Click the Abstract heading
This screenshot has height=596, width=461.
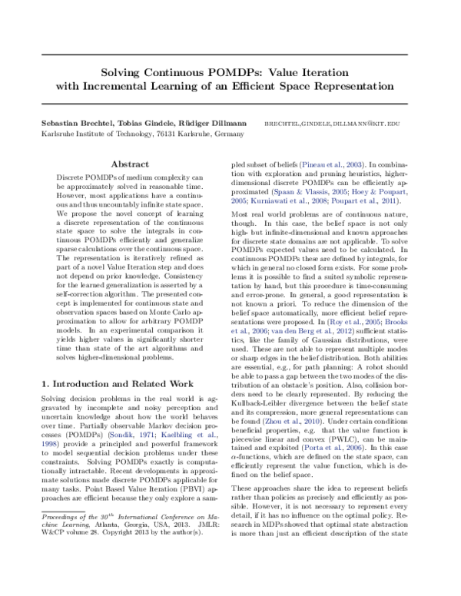(130, 164)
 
